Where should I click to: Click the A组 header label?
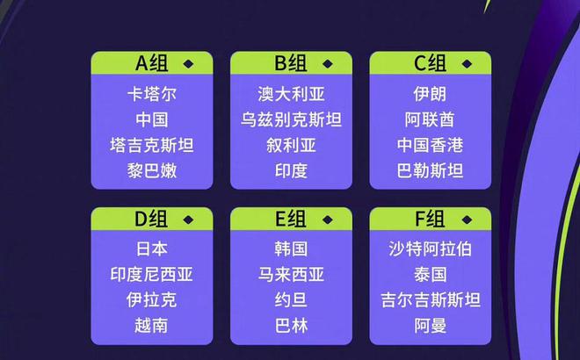[x=152, y=63]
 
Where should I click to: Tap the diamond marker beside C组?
[x=467, y=64]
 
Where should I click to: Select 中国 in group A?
[x=152, y=119]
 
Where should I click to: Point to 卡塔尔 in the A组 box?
[x=152, y=94]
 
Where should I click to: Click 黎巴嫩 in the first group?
[x=152, y=170]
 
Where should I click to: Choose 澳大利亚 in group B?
[x=291, y=94]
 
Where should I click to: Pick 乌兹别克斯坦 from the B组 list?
[x=291, y=119]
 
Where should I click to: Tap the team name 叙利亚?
[x=291, y=145]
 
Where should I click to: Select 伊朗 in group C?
[x=431, y=94]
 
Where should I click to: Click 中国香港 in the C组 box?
[x=431, y=145]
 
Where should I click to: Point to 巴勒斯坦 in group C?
[x=431, y=170]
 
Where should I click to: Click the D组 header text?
[x=151, y=219]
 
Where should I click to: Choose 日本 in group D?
[x=152, y=248]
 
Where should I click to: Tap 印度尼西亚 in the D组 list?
[x=152, y=275]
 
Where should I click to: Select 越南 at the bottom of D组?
[x=151, y=326]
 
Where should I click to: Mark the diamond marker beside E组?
[x=328, y=220]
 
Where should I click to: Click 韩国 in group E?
[x=291, y=248]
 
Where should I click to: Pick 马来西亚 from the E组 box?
[x=291, y=275]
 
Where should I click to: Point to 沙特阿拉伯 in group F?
[x=431, y=248]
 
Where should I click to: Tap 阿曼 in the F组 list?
[x=431, y=326]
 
